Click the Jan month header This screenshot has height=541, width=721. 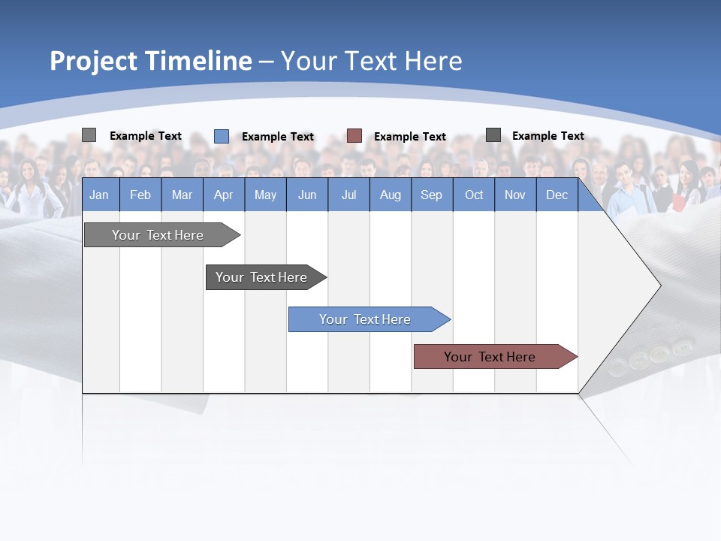click(x=100, y=195)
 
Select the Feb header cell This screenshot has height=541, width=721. click(x=140, y=195)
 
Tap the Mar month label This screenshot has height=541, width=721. click(x=182, y=195)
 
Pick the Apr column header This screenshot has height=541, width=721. click(x=224, y=195)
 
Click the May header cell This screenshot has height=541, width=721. click(x=265, y=195)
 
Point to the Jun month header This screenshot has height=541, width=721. click(x=307, y=195)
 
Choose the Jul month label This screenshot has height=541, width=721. click(x=348, y=195)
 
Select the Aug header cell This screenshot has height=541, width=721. click(x=391, y=195)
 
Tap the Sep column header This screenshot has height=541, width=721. click(x=432, y=195)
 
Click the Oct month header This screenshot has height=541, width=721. click(x=474, y=195)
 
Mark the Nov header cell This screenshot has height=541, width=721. click(x=515, y=195)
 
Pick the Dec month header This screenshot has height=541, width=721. click(x=557, y=195)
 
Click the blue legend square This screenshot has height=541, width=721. click(x=222, y=136)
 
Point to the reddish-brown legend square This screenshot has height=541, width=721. click(x=354, y=136)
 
